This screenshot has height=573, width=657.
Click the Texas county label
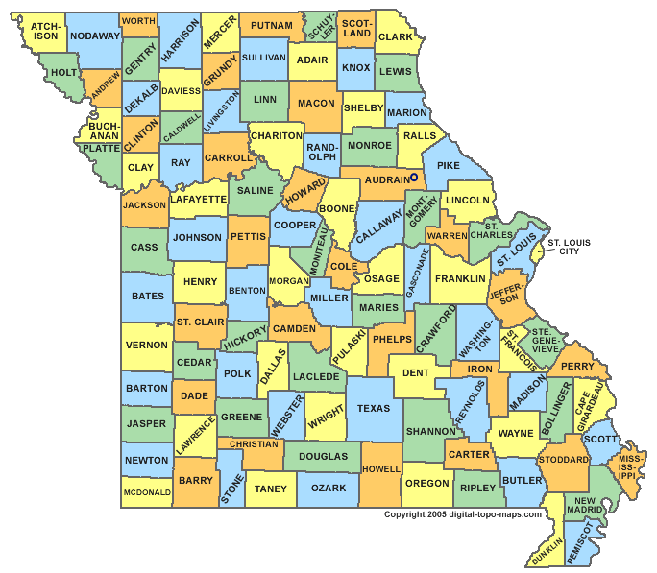tap(374, 409)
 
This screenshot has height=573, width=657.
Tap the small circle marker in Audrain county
tap(414, 178)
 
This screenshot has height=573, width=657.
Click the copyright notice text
tap(463, 514)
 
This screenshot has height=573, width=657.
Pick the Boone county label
tap(337, 209)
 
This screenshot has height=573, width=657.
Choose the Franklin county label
tap(459, 278)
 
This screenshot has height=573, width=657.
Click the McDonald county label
tap(147, 492)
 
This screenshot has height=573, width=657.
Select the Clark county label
tap(395, 37)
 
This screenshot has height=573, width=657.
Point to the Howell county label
tap(380, 469)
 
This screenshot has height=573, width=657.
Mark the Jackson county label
tap(144, 205)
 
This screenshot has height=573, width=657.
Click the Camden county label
tap(294, 328)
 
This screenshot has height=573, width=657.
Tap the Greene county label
tap(242, 418)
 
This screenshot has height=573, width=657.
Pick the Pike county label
tap(449, 166)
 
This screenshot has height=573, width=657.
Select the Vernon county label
tap(147, 346)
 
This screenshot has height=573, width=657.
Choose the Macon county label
tap(316, 103)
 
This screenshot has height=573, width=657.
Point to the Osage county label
tap(381, 278)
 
